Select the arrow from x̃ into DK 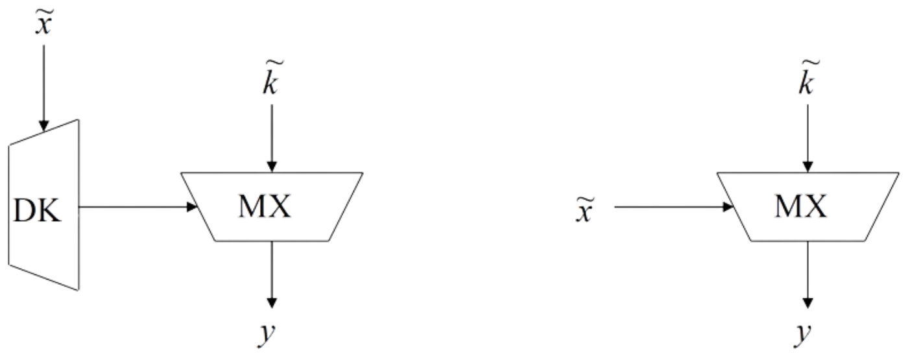pyautogui.click(x=44, y=84)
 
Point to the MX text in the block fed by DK pyautogui.click(x=265, y=207)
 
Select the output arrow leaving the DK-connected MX pyautogui.click(x=272, y=272)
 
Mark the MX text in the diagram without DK pyautogui.click(x=800, y=207)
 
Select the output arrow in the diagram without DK pyautogui.click(x=808, y=272)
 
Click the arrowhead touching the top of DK pyautogui.click(x=44, y=126)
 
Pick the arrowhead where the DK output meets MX pyautogui.click(x=191, y=208)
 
